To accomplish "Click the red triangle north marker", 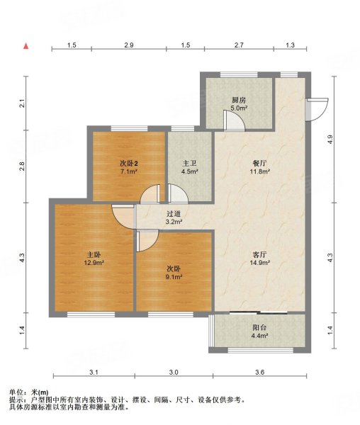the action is (x=26, y=46).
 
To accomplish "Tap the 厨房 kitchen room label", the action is (x=239, y=100).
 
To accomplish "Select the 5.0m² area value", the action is (x=239, y=108).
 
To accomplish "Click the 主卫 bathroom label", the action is (x=189, y=164).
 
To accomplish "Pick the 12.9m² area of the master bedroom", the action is (x=94, y=262).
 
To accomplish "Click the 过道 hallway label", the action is (x=174, y=214).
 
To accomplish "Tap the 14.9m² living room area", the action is (x=259, y=262).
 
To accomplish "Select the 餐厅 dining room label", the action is (x=259, y=164).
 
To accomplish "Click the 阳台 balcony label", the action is (x=259, y=328).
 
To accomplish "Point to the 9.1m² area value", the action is (x=174, y=277).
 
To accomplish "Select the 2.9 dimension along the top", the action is (x=129, y=45).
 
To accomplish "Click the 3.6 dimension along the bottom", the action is (x=259, y=372).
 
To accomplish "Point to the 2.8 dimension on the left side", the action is (x=22, y=166).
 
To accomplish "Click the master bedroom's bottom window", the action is (x=91, y=314).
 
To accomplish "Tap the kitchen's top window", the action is (x=239, y=74).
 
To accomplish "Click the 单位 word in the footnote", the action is (x=16, y=392).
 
